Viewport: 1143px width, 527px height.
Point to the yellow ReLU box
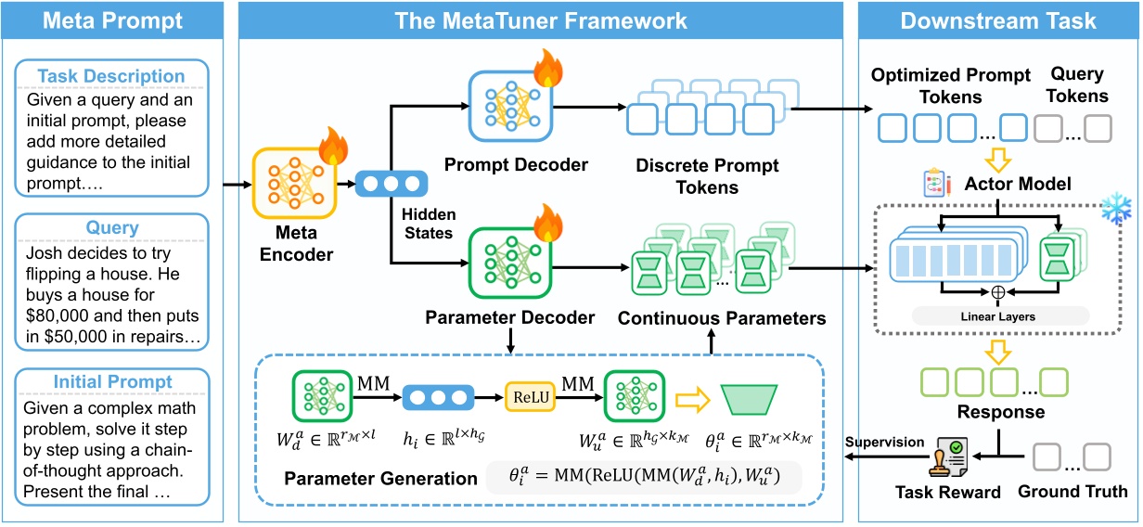coord(527,397)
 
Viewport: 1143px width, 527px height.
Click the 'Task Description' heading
coord(110,77)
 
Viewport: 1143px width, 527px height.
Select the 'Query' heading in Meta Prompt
coord(111,228)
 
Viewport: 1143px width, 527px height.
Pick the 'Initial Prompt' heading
coord(112,382)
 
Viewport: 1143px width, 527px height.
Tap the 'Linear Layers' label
coord(998,316)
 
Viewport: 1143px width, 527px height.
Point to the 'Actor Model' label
coord(1018,184)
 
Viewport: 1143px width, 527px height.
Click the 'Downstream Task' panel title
coord(997,20)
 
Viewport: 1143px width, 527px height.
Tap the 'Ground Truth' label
coord(1072,492)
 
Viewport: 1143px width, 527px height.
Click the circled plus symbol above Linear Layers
coord(998,291)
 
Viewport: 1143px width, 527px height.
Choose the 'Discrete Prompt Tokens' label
coord(707,176)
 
